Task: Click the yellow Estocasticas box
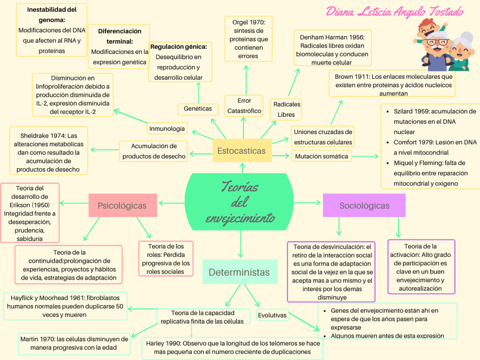[241, 151]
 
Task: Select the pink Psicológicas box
[122, 205]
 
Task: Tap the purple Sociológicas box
[364, 205]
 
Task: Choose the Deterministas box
[239, 272]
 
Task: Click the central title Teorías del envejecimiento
[239, 202]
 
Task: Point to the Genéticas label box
[198, 109]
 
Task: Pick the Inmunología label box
[167, 129]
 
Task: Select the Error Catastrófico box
[244, 106]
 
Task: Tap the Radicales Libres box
[286, 109]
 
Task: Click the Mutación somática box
[322, 156]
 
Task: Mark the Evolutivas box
[272, 315]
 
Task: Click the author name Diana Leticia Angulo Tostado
[395, 12]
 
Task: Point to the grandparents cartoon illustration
[444, 45]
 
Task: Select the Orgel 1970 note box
[248, 38]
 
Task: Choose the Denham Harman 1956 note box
[332, 49]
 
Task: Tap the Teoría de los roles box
[166, 259]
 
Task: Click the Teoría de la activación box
[421, 267]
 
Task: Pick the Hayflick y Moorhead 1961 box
[65, 306]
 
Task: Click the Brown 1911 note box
[393, 84]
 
